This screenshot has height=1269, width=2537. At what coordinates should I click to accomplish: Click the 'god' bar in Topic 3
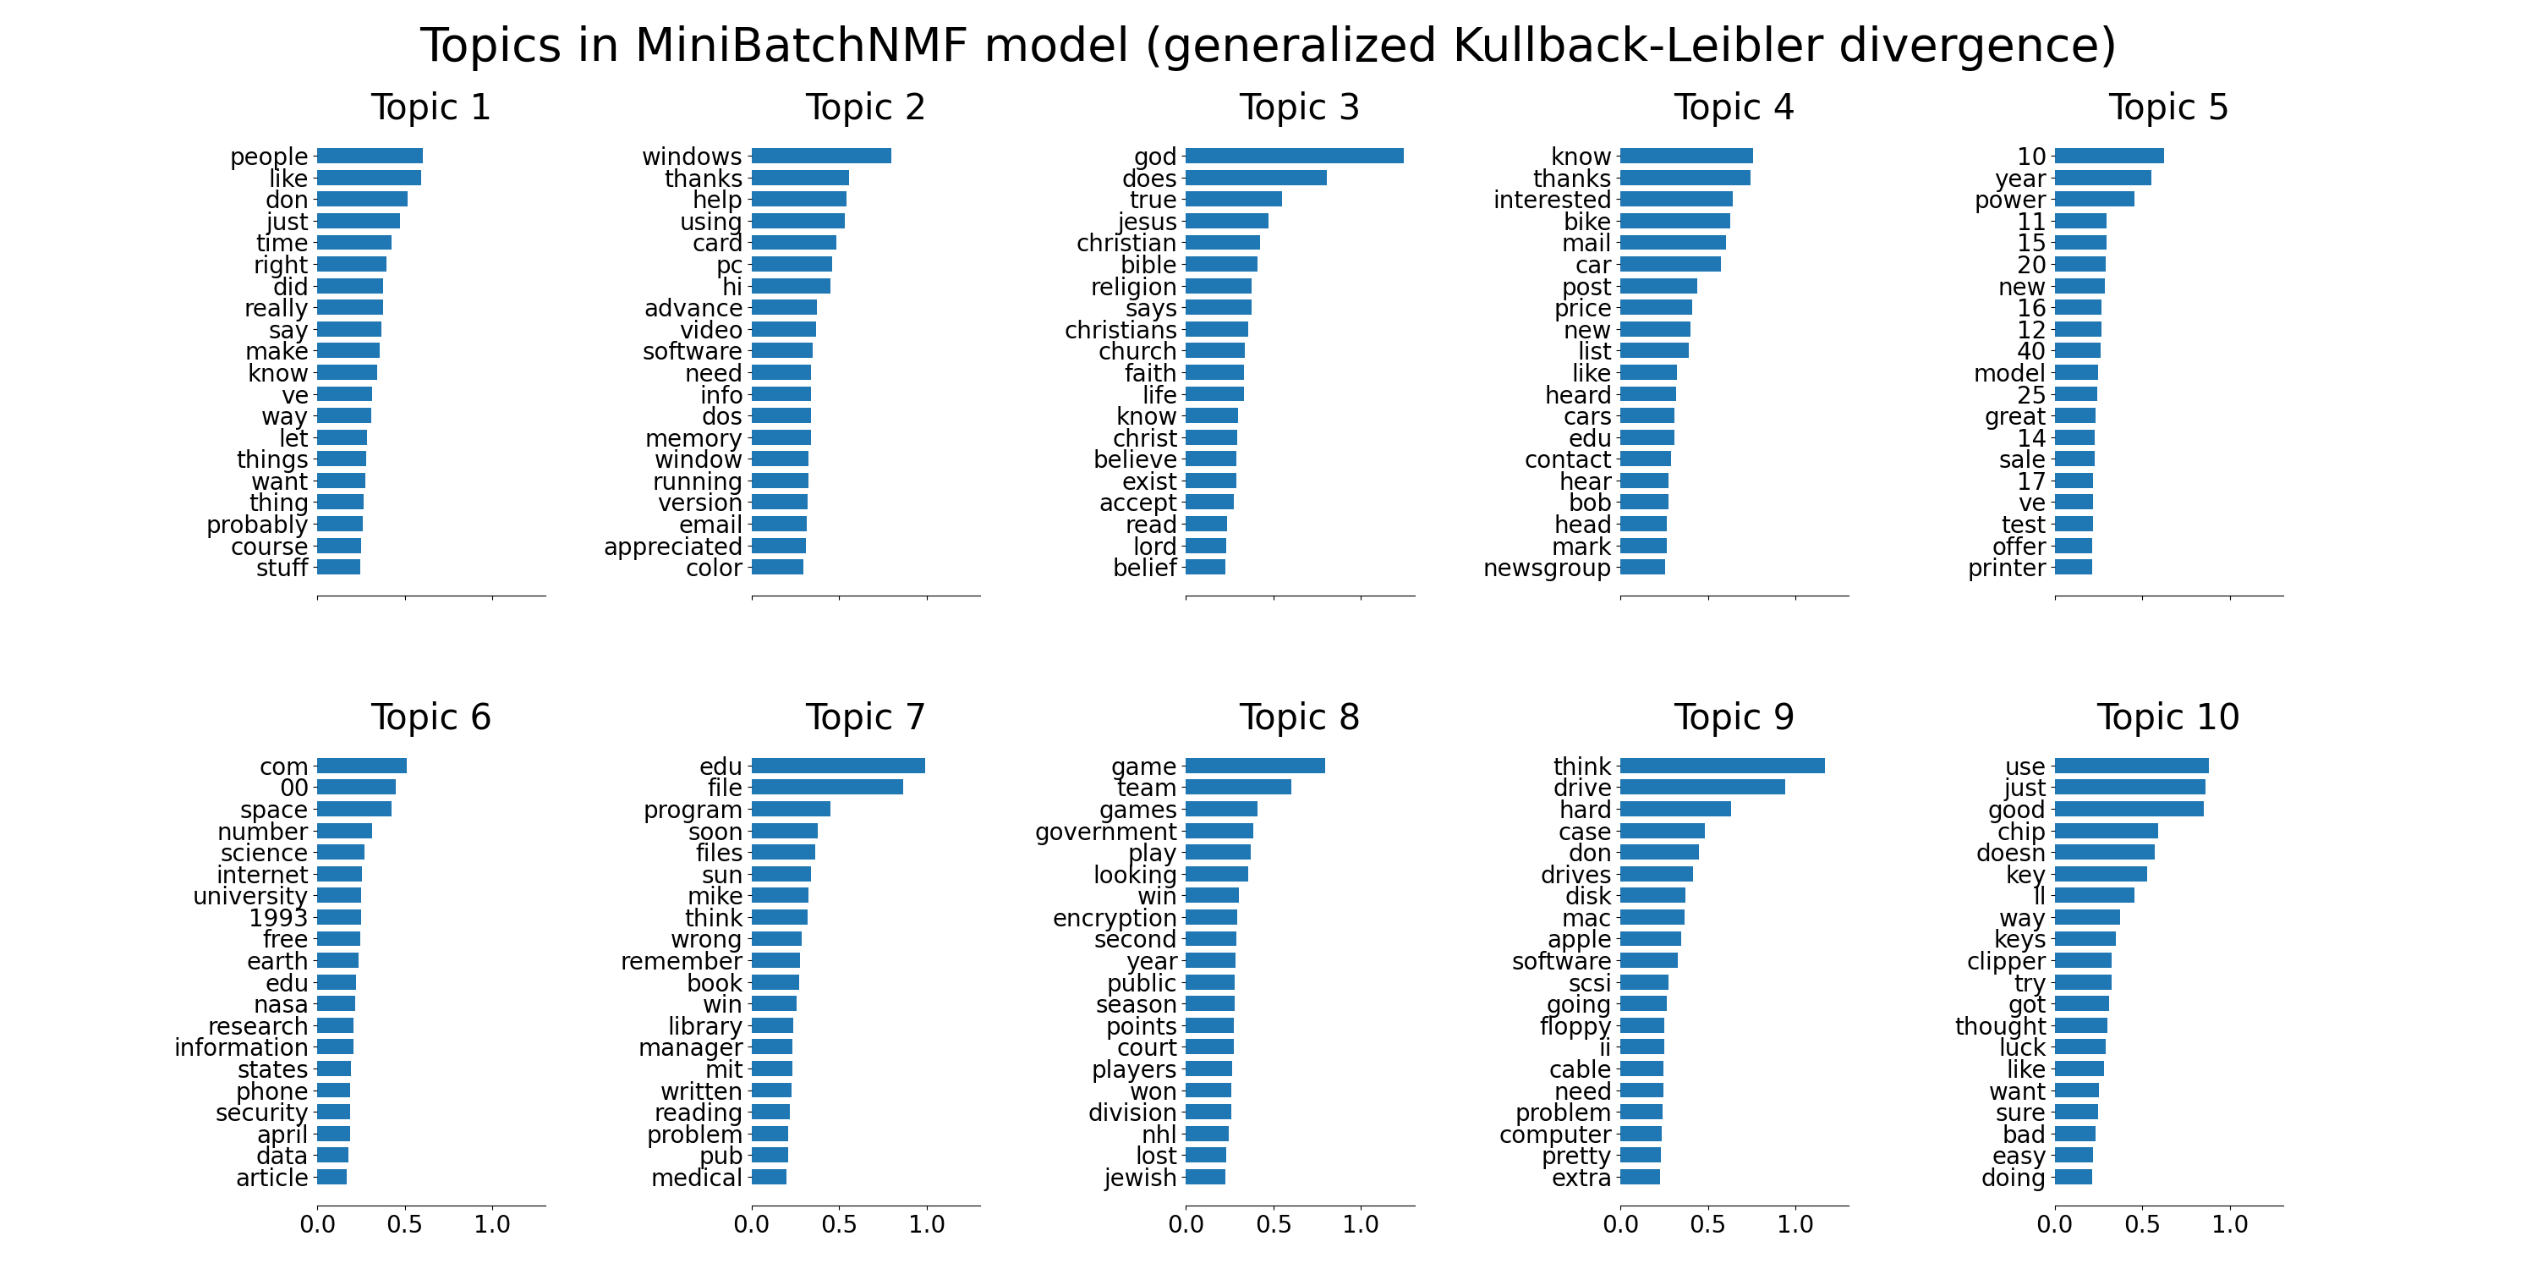point(1294,156)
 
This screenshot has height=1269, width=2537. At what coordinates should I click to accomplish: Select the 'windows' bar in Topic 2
point(820,156)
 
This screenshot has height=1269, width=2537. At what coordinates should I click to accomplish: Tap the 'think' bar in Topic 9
point(1722,766)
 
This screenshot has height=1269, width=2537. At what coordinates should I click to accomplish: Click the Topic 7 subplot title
point(865,717)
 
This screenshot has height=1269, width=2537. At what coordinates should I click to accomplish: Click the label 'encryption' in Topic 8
point(1114,918)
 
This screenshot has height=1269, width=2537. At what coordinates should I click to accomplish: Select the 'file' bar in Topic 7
point(826,788)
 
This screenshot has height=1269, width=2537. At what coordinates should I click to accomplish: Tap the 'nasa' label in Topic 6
point(281,1005)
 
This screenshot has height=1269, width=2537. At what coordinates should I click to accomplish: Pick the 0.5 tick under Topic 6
point(405,1225)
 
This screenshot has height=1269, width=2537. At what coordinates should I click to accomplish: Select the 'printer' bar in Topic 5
point(2072,568)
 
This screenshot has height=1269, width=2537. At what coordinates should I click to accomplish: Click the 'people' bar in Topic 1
point(370,156)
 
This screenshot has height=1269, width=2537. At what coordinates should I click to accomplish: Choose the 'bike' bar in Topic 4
point(1674,221)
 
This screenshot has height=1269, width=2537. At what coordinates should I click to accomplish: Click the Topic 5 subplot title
point(2167,107)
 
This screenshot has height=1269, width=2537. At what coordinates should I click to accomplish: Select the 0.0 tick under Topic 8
point(1186,1225)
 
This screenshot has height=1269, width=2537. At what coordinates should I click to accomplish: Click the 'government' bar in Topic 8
point(1219,831)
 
